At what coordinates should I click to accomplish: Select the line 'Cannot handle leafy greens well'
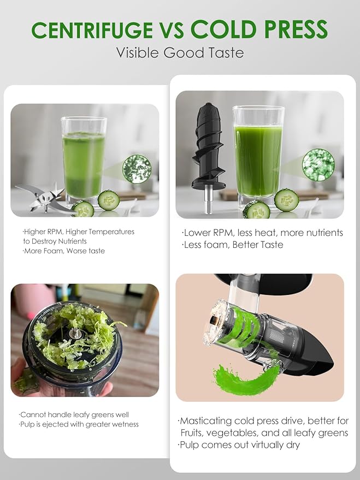[74, 414]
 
